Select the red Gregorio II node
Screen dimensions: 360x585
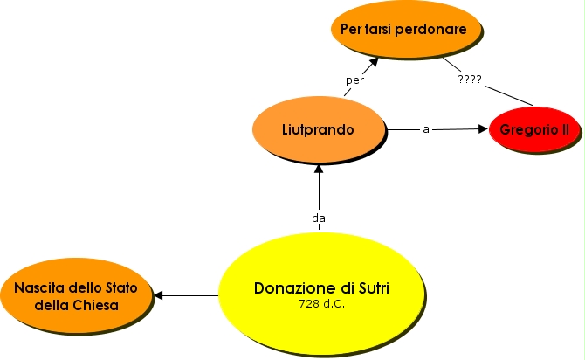533,129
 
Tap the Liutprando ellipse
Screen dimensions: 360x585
318,129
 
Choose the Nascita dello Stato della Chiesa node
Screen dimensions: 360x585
76,295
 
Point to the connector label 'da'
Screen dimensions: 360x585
319,218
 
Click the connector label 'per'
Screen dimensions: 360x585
355,80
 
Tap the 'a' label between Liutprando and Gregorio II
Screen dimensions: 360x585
426,129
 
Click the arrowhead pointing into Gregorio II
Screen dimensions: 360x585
483,129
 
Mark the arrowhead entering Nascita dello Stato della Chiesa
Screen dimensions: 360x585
158,295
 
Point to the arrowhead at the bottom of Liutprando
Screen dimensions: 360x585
319,170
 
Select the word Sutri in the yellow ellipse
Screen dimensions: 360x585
368,287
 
